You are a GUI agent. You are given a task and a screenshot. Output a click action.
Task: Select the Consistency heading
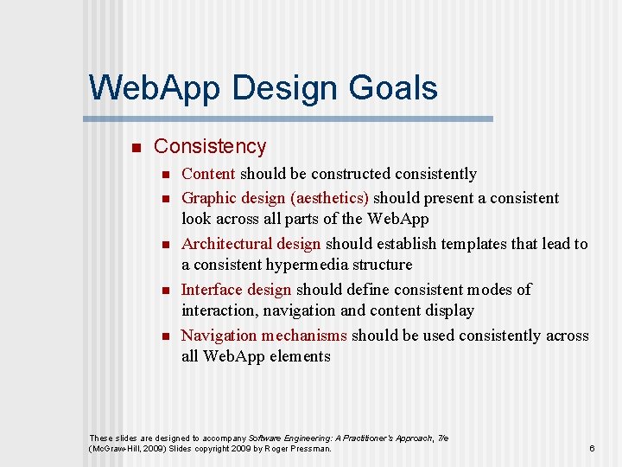(210, 147)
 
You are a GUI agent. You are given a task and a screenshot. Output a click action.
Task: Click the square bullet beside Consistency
(134, 148)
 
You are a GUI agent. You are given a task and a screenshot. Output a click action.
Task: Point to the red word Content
(208, 174)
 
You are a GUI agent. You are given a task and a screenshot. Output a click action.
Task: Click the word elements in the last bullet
(301, 356)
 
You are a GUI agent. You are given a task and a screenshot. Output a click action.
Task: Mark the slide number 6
(592, 449)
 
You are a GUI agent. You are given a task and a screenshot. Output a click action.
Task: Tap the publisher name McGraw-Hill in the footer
(117, 449)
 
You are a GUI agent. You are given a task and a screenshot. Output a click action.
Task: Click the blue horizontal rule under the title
(289, 118)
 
